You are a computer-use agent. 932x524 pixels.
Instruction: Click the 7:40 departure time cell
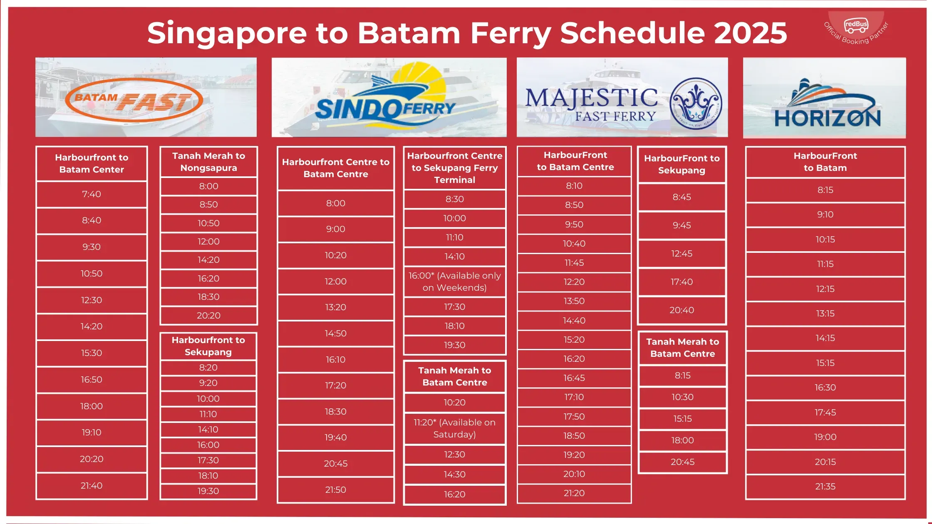pyautogui.click(x=92, y=194)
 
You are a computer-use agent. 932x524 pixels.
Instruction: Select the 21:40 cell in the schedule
pyautogui.click(x=92, y=485)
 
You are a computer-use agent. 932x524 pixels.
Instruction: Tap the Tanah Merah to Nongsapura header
pyautogui.click(x=208, y=162)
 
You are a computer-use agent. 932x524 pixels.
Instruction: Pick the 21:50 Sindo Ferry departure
pyautogui.click(x=335, y=489)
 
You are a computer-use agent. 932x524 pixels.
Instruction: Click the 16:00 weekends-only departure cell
pyautogui.click(x=454, y=282)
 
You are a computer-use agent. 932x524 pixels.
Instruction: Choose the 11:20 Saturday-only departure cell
pyautogui.click(x=454, y=428)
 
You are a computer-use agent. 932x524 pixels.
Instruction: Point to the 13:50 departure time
pyautogui.click(x=574, y=301)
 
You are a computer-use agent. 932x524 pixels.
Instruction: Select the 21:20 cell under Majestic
pyautogui.click(x=574, y=493)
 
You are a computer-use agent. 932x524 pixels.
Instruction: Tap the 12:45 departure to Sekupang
pyautogui.click(x=682, y=254)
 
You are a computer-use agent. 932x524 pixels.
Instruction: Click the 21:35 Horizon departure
pyautogui.click(x=825, y=486)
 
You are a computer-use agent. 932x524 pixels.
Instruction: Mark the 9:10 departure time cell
pyautogui.click(x=825, y=215)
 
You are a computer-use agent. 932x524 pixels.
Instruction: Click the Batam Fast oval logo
pyautogui.click(x=134, y=100)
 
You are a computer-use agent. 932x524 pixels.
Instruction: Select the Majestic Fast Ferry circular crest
pyautogui.click(x=696, y=104)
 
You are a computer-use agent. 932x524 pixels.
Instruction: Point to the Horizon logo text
pyautogui.click(x=827, y=118)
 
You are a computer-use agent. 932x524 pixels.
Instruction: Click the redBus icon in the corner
pyautogui.click(x=856, y=25)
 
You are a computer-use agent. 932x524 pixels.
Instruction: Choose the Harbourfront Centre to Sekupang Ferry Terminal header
pyautogui.click(x=454, y=168)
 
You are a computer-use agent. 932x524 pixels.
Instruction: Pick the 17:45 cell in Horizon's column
pyautogui.click(x=825, y=412)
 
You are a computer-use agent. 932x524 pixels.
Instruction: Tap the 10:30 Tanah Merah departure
pyautogui.click(x=682, y=397)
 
